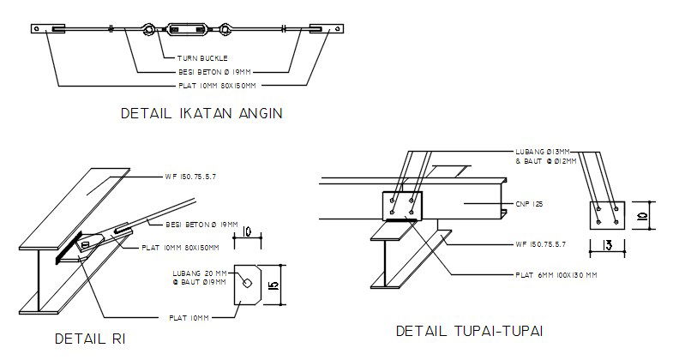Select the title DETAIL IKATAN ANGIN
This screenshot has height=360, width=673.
tap(201, 113)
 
